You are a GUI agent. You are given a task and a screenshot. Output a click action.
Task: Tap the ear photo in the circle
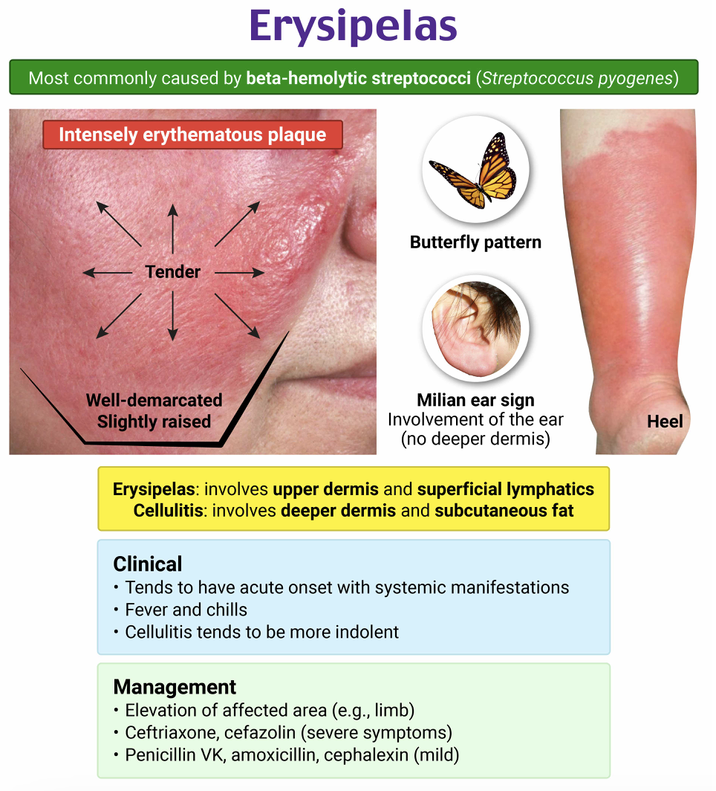pos(475,328)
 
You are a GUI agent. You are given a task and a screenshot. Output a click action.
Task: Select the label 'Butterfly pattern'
pos(475,242)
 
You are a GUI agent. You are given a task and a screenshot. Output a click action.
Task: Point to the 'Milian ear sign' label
pos(475,401)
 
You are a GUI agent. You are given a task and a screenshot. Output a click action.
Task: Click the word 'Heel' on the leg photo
pos(665,422)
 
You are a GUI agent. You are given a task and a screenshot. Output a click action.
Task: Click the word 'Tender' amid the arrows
pos(173,272)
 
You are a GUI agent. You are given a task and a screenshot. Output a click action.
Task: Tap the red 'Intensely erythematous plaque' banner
pos(192,135)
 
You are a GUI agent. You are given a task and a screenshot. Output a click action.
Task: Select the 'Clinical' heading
pos(147,563)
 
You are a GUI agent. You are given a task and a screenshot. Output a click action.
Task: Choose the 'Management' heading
pos(175,686)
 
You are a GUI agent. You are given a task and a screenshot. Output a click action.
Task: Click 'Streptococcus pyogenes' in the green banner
pos(577,78)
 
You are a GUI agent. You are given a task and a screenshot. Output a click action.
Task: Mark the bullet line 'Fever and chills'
pos(186,610)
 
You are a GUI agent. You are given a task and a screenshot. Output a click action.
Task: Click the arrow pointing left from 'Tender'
pos(108,273)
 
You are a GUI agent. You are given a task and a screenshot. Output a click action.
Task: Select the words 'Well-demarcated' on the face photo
pos(154,400)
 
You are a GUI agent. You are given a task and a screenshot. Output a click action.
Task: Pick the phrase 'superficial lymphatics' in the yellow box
pos(505,489)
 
